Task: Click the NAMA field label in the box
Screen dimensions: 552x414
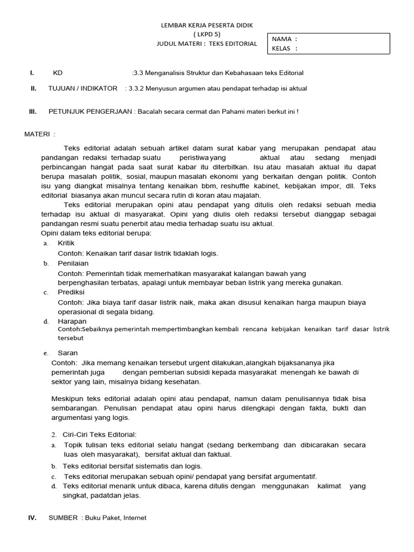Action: tap(282, 39)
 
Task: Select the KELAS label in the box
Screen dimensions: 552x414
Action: tap(282, 48)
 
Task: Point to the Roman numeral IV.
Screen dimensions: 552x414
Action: tap(32, 517)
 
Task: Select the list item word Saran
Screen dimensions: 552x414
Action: tap(67, 353)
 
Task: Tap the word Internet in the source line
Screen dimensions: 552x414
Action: tap(135, 517)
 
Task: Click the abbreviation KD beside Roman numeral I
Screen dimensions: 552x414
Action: tap(58, 73)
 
